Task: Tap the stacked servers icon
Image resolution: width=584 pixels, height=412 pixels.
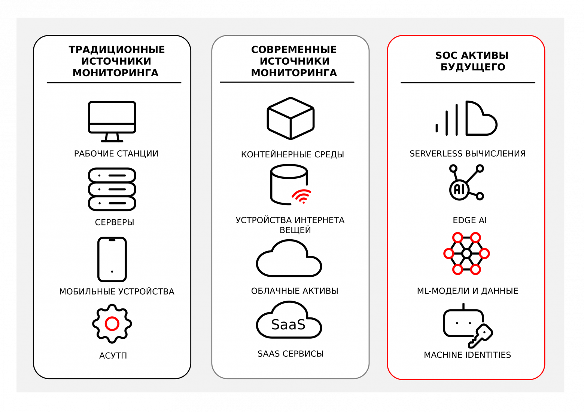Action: (112, 189)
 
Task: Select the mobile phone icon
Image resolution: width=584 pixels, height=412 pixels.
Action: (112, 259)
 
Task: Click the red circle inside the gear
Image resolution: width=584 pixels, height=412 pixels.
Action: (112, 324)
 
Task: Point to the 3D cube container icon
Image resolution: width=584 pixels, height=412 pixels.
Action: (291, 118)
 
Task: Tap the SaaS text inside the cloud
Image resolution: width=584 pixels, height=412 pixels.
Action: (288, 325)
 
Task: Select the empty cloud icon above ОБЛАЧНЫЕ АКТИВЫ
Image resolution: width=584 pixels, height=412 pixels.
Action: (289, 259)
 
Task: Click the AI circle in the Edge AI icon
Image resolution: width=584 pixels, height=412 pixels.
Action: (459, 190)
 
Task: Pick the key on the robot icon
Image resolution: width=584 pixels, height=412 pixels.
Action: (481, 336)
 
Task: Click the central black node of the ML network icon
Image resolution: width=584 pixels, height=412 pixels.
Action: (466, 254)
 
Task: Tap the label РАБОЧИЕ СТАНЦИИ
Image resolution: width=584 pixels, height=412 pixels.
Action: (116, 154)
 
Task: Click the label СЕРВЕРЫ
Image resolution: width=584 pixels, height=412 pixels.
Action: (115, 222)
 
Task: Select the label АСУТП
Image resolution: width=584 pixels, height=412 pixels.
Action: (113, 356)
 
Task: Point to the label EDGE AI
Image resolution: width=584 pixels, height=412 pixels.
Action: (469, 220)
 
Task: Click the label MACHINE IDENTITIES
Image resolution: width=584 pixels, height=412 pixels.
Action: (467, 355)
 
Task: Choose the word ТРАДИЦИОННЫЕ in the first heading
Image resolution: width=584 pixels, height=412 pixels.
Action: (117, 50)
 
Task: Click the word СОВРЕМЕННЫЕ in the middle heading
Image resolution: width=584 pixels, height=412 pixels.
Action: (294, 50)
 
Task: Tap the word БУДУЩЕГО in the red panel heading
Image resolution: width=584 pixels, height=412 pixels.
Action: (472, 67)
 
